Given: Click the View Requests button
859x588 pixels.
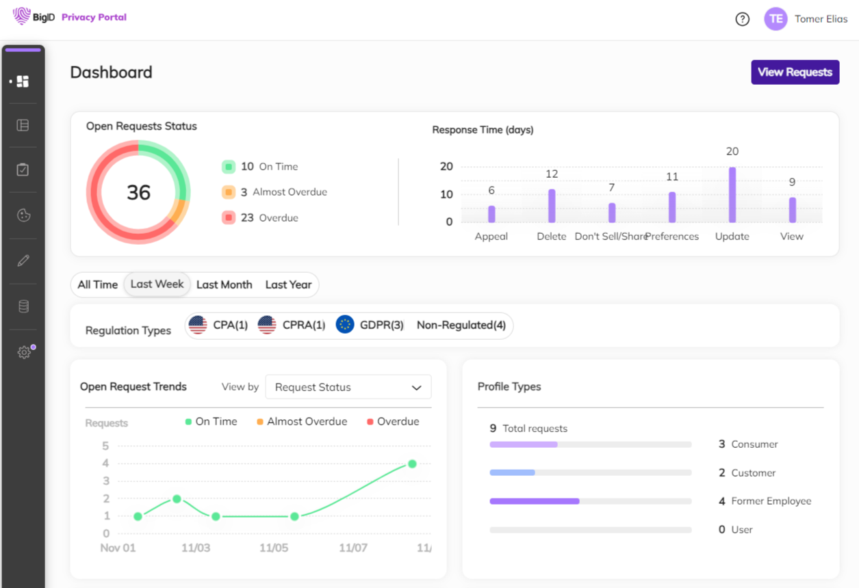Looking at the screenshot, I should coord(795,72).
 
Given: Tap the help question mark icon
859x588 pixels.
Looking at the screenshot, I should coord(742,19).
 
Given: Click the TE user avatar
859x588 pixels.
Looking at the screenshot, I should coord(775,19).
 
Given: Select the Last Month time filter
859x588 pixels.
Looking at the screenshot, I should coord(224,284).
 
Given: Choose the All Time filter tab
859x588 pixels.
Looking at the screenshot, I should coord(98,284).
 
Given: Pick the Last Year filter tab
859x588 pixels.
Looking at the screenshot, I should coord(288,284).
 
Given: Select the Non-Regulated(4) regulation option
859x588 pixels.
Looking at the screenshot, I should coord(461,325).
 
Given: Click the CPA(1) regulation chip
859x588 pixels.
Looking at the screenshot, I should coord(218,325).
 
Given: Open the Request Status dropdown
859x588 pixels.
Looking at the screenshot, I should coord(348,387).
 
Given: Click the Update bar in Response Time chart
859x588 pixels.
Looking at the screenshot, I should coord(732,195).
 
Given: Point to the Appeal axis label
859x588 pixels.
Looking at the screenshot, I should coord(491,237).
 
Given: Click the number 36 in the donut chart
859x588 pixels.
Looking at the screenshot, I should coord(138,193).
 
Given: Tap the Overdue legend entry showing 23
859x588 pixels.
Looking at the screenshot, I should coord(260,218).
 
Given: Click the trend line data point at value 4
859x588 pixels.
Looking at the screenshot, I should coord(412,464).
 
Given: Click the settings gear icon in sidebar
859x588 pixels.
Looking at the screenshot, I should coord(23,352).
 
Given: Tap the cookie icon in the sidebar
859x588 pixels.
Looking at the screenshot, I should coord(23,215).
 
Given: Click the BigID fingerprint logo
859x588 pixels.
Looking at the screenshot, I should coord(22,16).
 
